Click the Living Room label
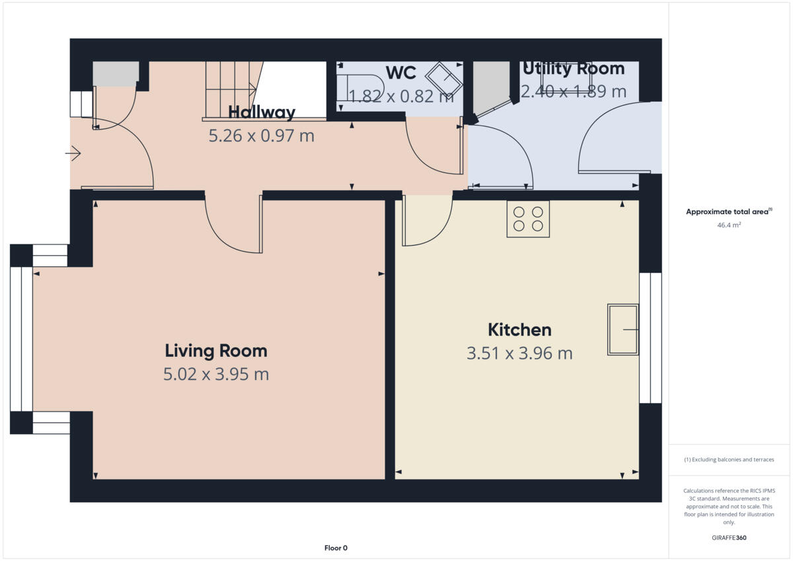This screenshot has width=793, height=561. click(x=215, y=350)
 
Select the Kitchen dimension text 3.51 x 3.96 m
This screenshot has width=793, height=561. click(x=519, y=354)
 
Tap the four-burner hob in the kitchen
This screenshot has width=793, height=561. click(x=528, y=219)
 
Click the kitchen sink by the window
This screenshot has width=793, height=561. click(x=623, y=329)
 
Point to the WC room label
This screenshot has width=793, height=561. click(x=400, y=73)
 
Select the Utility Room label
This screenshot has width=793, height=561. click(x=573, y=69)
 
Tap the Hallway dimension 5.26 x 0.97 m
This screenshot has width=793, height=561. click(x=261, y=136)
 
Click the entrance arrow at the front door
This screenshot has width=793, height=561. click(x=73, y=154)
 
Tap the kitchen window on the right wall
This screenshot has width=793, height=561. click(x=650, y=338)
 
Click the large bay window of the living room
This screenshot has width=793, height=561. click(x=21, y=339)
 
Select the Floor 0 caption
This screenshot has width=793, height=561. click(x=336, y=548)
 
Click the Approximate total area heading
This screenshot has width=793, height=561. click(x=728, y=212)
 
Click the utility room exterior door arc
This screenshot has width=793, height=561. click(x=608, y=139)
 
